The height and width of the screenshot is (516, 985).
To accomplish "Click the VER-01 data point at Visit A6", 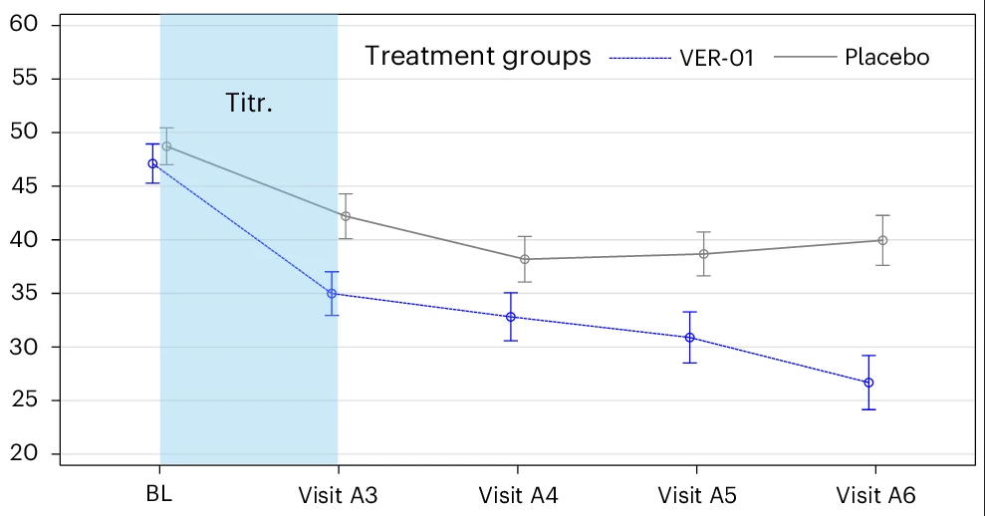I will (868, 383).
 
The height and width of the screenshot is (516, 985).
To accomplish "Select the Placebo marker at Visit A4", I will (525, 259).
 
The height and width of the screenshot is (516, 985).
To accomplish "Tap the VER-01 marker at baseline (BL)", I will (152, 163).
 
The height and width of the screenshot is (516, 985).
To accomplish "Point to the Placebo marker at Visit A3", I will (346, 216).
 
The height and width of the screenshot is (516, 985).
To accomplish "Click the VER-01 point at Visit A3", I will (332, 294).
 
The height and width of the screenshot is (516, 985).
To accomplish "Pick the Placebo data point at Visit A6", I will (882, 240).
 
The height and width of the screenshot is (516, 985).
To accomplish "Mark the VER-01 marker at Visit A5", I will (689, 338).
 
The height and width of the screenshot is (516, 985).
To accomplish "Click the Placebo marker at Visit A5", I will (703, 254).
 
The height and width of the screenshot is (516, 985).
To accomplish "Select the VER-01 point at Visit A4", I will (511, 317).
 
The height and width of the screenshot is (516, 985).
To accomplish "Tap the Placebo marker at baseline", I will (166, 146).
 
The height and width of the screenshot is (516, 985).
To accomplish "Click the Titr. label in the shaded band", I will (248, 104).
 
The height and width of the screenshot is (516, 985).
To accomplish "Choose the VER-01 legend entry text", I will (717, 58).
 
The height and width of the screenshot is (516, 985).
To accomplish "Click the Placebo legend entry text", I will (886, 57).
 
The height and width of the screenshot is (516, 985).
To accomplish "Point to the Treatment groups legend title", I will (478, 56).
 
